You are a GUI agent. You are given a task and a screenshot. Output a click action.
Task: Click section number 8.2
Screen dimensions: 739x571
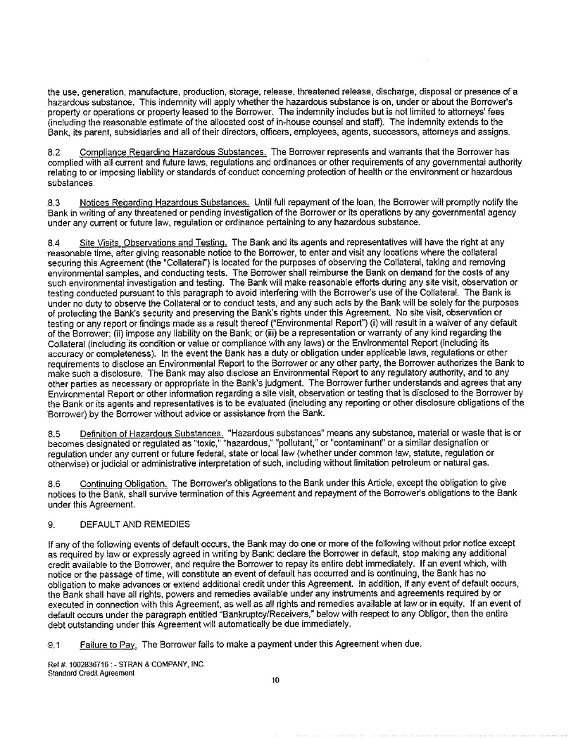tap(54, 152)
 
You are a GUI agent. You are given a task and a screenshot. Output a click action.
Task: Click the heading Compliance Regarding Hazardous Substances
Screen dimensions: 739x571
tap(173, 152)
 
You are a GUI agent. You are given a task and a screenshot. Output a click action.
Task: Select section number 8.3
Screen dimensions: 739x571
tap(54, 203)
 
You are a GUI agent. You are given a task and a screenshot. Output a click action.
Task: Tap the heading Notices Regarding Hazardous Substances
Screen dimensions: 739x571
tap(164, 203)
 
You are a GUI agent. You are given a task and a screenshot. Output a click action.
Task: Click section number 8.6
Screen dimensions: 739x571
tap(54, 484)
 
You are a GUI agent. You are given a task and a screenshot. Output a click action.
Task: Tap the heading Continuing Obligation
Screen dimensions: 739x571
tap(123, 484)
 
